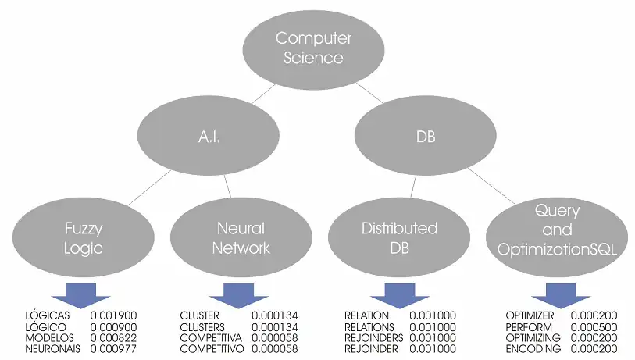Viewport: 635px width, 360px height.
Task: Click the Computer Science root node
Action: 314,48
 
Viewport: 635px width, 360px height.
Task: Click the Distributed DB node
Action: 399,238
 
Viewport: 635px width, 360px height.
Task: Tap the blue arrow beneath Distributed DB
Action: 399,295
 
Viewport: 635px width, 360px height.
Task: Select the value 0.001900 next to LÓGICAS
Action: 115,315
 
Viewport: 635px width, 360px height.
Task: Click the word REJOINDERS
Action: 374,337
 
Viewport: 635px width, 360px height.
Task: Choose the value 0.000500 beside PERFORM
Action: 594,326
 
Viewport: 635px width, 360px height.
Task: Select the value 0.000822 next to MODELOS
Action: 115,337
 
